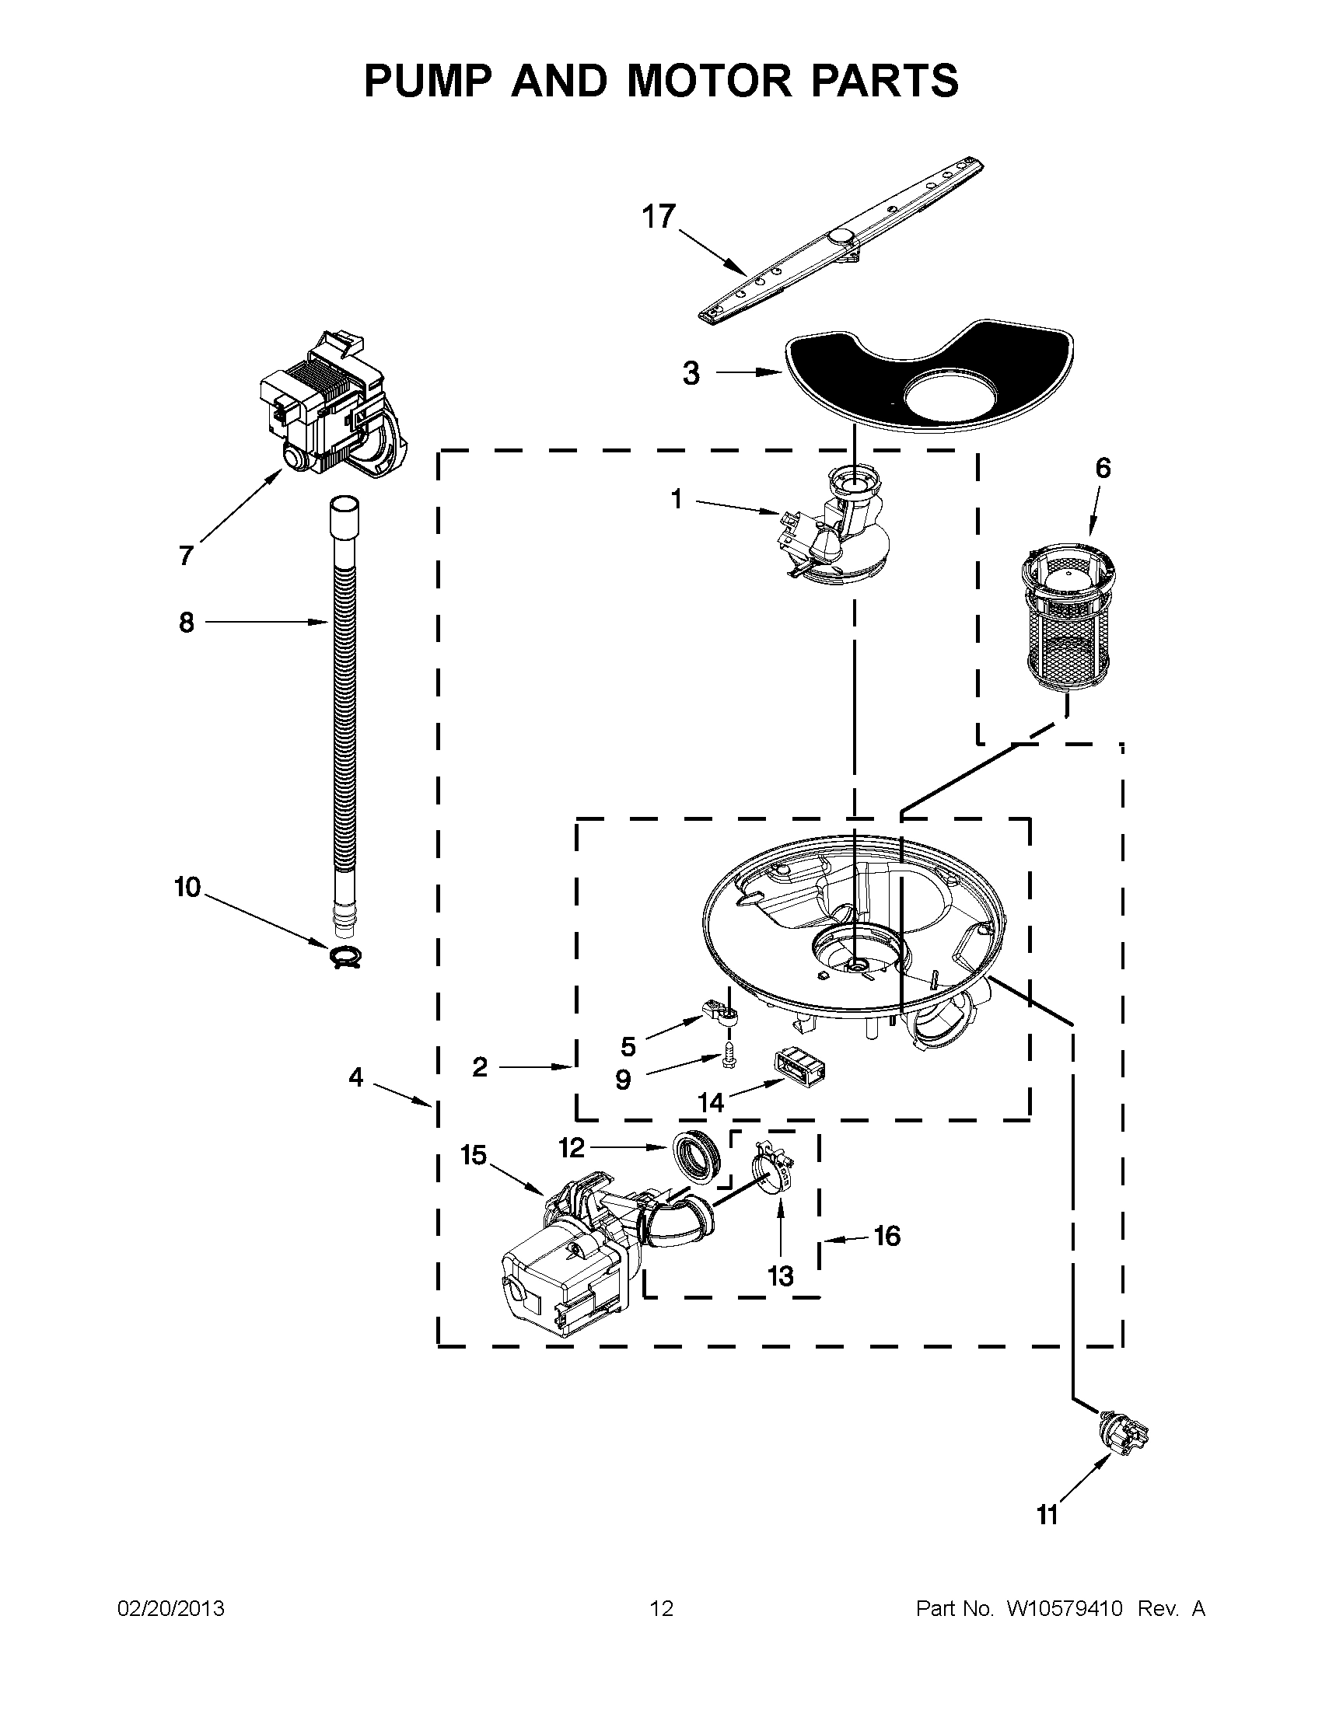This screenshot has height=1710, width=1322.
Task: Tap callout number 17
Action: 658,217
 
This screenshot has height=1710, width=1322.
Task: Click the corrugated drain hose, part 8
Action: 343,705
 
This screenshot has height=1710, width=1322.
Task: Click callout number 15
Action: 474,1155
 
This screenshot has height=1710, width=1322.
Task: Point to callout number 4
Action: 356,1077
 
